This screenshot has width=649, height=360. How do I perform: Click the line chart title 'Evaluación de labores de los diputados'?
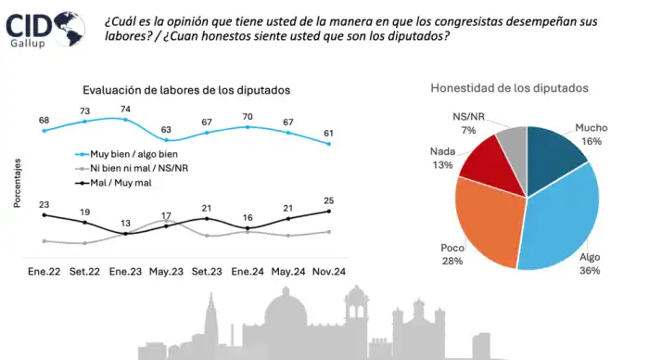(x=185, y=90)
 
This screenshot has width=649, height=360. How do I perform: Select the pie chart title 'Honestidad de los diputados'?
(x=509, y=88)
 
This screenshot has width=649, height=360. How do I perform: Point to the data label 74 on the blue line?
(x=125, y=109)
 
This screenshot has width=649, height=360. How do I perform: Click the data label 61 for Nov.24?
(x=328, y=133)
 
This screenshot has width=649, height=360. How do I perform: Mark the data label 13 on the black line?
(x=125, y=224)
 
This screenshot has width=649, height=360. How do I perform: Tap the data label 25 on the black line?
(x=328, y=200)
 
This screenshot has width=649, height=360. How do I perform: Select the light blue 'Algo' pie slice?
(x=561, y=218)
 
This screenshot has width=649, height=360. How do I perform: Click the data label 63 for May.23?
(x=166, y=130)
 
